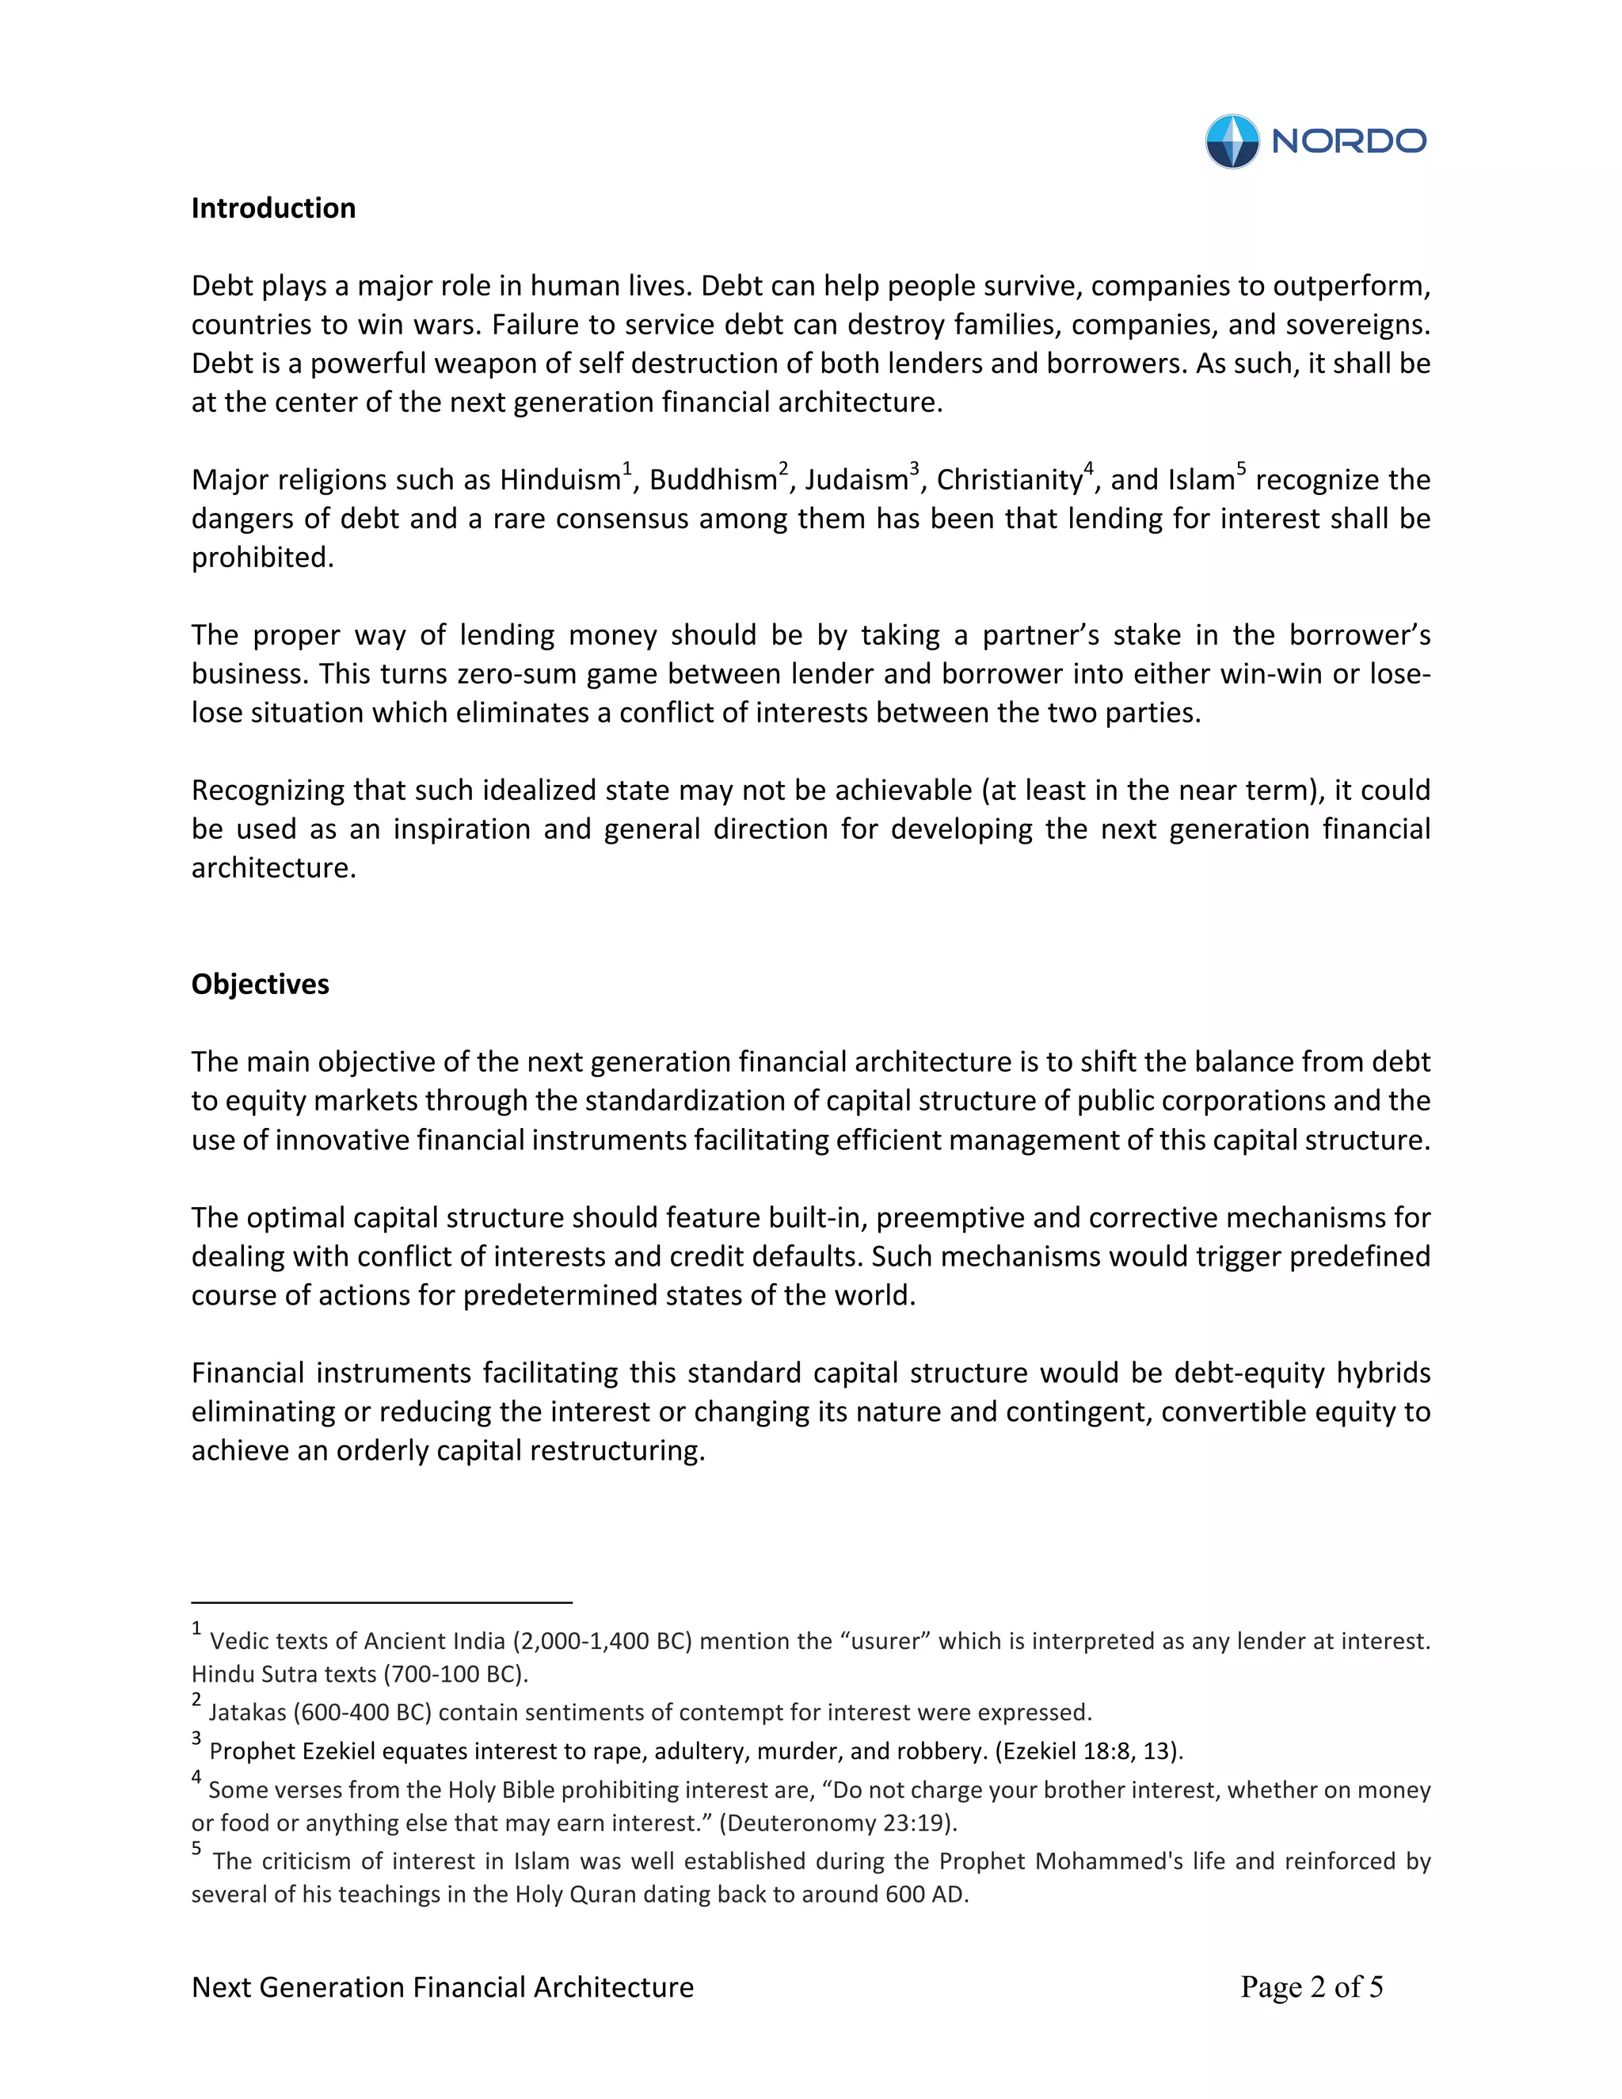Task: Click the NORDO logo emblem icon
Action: (x=1232, y=141)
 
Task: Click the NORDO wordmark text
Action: (x=1348, y=141)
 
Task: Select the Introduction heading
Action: (x=273, y=208)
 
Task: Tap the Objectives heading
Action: (x=260, y=984)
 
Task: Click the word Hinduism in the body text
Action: (x=559, y=479)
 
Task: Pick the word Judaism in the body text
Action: (x=856, y=479)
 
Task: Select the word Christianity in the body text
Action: (x=1009, y=479)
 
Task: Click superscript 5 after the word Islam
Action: (x=1242, y=469)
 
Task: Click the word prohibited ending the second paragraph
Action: (x=261, y=558)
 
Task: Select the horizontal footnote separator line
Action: (x=382, y=1603)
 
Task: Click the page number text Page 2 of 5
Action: (x=1311, y=1987)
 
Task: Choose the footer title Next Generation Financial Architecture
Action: (x=442, y=1987)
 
